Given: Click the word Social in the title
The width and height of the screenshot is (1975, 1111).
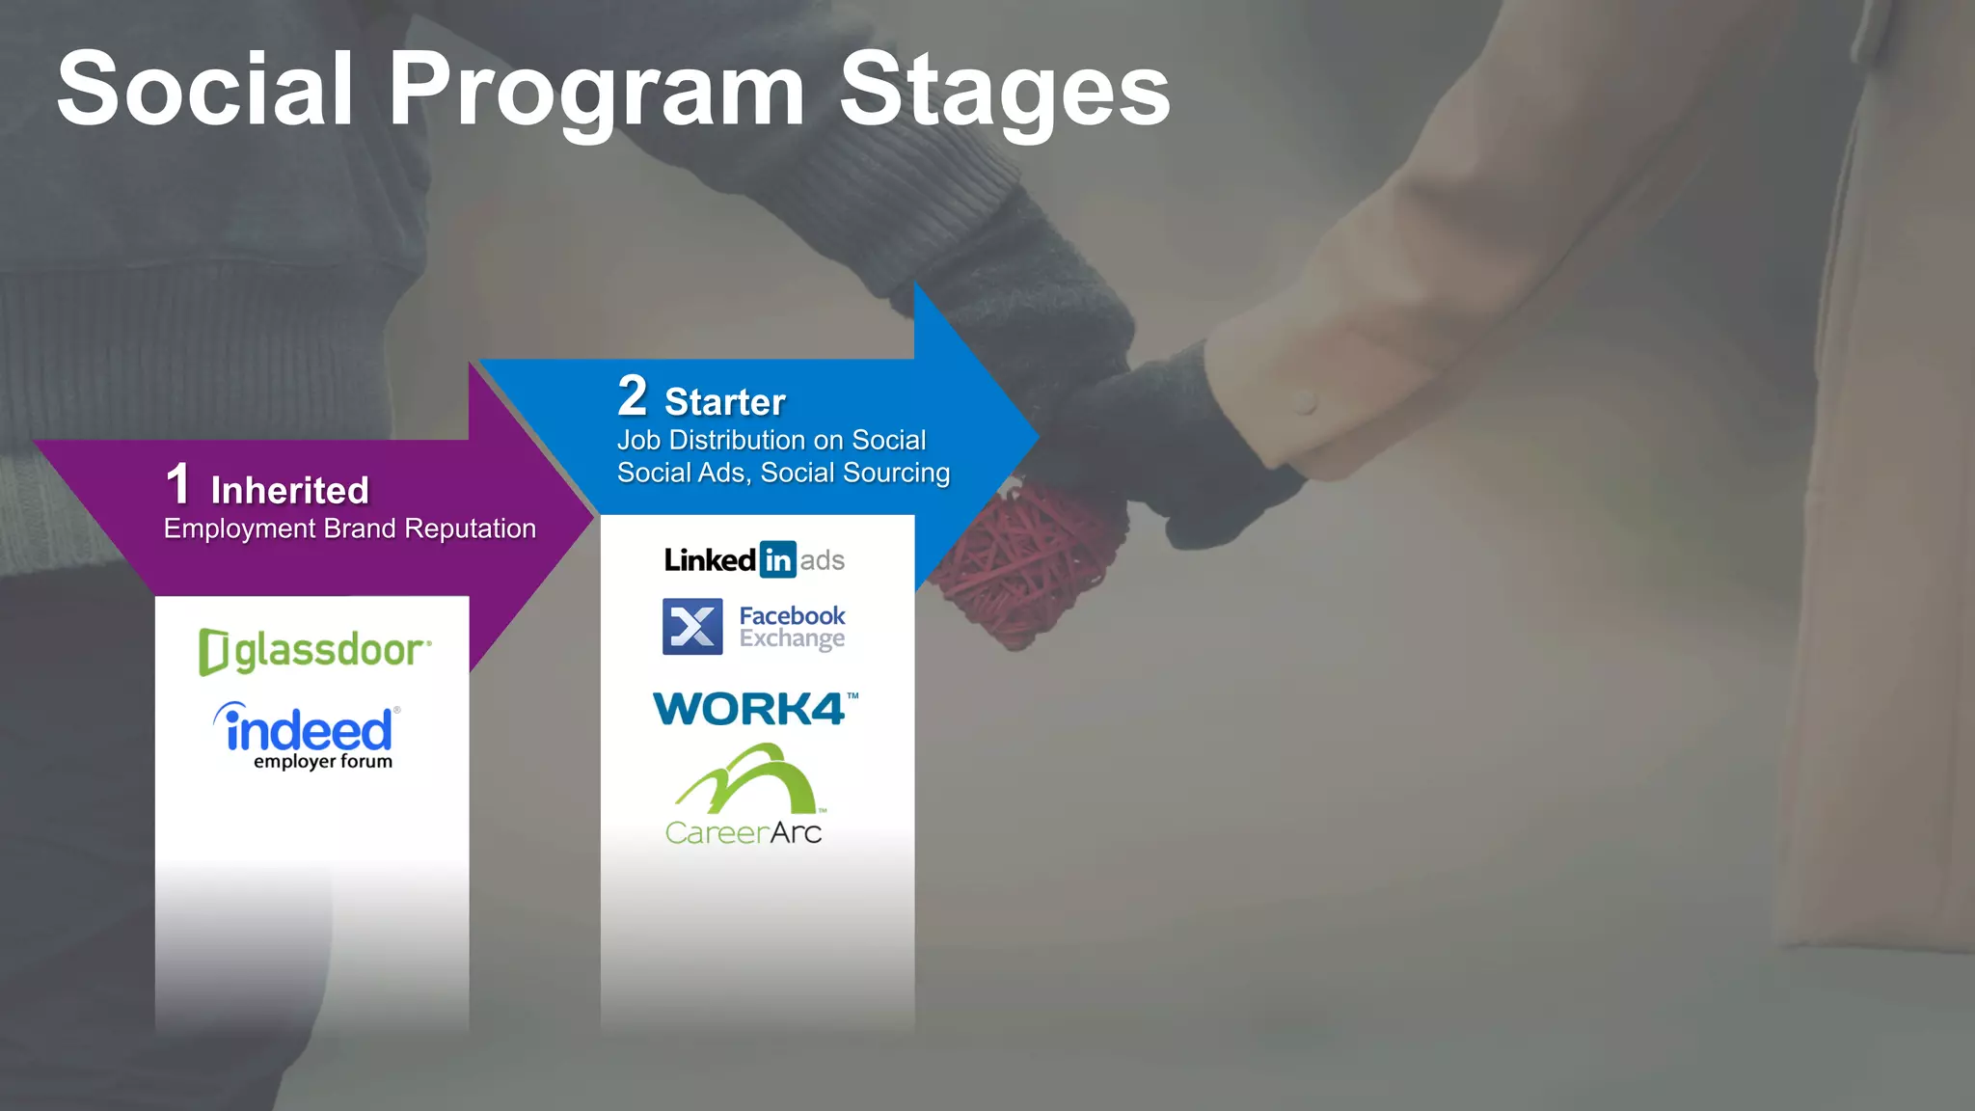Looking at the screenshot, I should click(x=205, y=89).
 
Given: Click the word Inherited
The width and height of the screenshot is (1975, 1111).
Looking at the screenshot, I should click(x=289, y=491).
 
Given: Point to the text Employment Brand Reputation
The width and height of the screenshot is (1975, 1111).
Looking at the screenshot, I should click(x=349, y=528).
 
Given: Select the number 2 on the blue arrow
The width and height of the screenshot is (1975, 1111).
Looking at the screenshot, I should click(x=632, y=395).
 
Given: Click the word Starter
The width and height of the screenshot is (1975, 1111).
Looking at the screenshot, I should click(x=725, y=402).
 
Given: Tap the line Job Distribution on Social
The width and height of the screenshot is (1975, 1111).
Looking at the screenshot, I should click(x=771, y=440).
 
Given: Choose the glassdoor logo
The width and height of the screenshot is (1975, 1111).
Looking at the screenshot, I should click(x=314, y=651).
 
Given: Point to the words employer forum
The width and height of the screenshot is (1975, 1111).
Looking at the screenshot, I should click(x=323, y=762).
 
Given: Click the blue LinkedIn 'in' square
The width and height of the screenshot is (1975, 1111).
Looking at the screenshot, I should click(x=777, y=559).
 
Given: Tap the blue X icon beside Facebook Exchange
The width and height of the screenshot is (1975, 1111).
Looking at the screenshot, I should click(x=692, y=627).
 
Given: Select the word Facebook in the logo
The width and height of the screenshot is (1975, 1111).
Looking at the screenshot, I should click(x=792, y=615).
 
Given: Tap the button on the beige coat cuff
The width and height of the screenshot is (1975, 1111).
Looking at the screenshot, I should click(x=1305, y=402).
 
